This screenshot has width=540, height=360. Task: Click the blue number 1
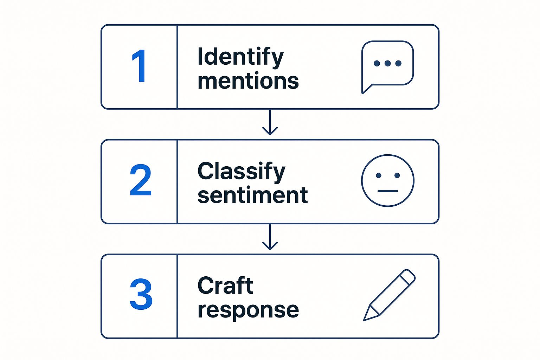coord(140,66)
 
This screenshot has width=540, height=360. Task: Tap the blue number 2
coord(140,180)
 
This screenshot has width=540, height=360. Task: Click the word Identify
coord(240,57)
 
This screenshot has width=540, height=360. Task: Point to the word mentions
coord(248,81)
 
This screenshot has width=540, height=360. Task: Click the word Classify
coord(241,172)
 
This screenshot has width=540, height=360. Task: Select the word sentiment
coord(252,195)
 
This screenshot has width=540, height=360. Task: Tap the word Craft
coord(225,285)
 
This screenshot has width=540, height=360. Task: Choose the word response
coord(248,310)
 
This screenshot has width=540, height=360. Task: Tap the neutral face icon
coord(388,180)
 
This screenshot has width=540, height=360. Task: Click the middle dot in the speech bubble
coord(387,63)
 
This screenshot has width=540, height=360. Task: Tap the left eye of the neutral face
coord(378,175)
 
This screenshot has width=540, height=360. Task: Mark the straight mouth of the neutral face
coord(388,191)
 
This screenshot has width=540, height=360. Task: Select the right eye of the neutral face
coord(397,175)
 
